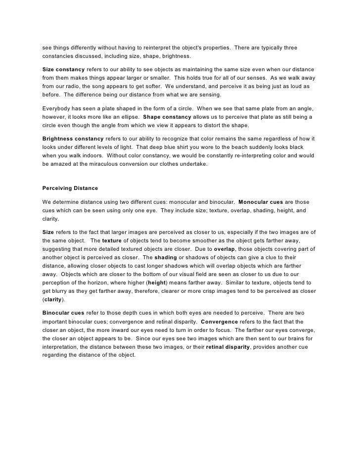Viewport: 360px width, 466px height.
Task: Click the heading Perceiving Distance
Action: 71,188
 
